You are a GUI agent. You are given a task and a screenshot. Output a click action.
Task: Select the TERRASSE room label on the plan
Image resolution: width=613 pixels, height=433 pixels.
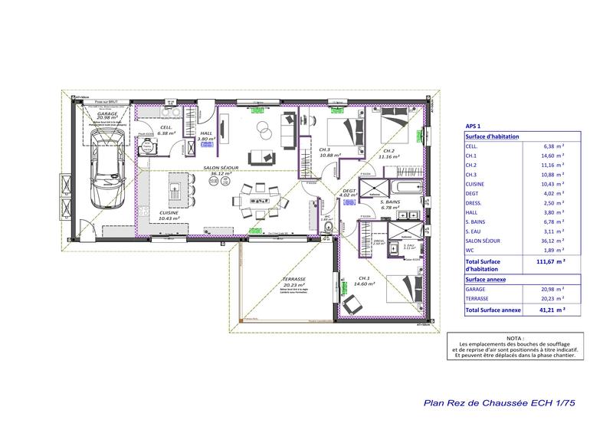293,283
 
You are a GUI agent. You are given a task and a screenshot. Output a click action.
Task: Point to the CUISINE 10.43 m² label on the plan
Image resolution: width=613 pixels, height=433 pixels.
169,215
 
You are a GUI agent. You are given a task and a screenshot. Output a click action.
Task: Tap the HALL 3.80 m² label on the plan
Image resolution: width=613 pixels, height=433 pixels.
205,136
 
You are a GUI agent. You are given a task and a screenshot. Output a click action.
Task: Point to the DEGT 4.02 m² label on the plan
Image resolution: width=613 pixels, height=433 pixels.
349,193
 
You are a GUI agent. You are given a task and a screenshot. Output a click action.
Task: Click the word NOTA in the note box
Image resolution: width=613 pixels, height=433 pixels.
516,337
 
